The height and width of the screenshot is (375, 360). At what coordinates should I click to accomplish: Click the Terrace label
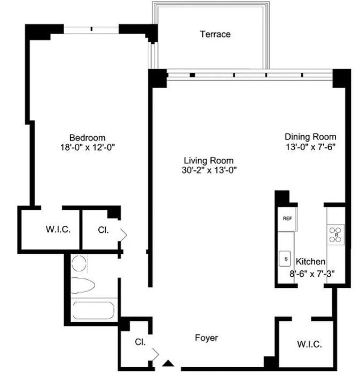[215, 34]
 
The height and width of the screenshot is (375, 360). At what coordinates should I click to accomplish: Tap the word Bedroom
[87, 137]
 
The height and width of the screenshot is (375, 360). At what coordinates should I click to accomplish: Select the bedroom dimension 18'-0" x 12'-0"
[87, 147]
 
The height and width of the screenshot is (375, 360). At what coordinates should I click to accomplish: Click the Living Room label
[208, 160]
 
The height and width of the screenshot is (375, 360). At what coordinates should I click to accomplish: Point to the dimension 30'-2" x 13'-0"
[208, 170]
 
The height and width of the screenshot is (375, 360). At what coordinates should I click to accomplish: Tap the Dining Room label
[309, 136]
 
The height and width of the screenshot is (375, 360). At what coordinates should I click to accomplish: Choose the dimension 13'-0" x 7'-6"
[309, 146]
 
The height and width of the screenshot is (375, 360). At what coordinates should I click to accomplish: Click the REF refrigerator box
[287, 218]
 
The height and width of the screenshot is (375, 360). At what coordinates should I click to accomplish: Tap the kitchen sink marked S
[286, 258]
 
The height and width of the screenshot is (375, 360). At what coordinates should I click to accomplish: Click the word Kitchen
[310, 262]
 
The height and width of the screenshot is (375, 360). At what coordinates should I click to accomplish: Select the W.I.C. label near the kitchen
[309, 344]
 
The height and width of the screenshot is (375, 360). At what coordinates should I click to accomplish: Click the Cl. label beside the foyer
[140, 342]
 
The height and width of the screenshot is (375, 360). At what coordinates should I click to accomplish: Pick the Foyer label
[206, 338]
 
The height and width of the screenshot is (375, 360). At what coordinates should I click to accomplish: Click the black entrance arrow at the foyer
[169, 364]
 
